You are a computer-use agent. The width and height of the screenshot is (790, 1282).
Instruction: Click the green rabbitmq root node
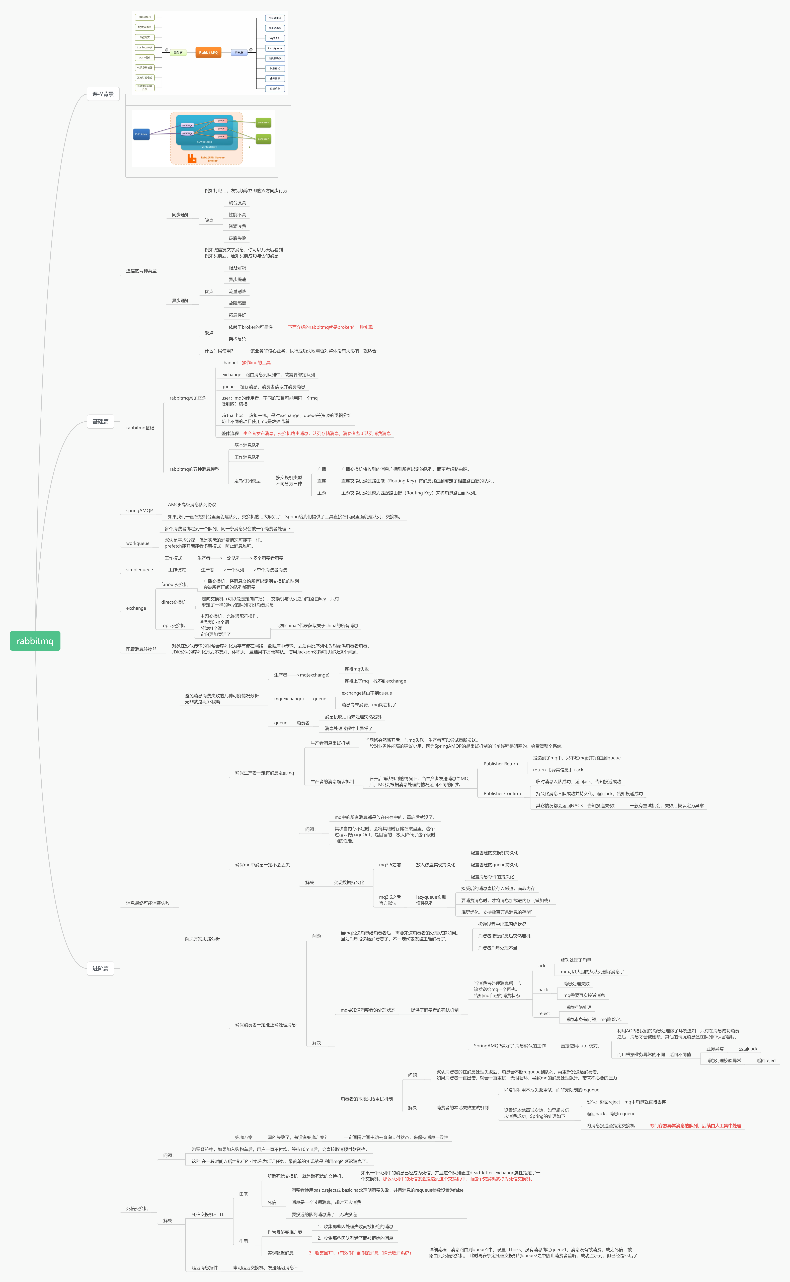point(35,641)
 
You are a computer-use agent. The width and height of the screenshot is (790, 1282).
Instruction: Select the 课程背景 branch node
point(103,94)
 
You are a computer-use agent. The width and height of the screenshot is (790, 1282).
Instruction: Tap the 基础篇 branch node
point(100,421)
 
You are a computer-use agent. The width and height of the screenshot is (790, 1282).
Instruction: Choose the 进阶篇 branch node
point(100,968)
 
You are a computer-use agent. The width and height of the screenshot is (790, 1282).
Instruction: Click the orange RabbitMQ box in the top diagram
point(208,52)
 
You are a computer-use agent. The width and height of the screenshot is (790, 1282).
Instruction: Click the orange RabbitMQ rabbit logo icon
point(192,158)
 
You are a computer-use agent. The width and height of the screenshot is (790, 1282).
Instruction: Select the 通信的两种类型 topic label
point(141,271)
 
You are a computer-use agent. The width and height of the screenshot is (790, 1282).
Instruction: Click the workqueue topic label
point(137,543)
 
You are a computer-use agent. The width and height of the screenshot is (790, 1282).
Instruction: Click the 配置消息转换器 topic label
point(141,649)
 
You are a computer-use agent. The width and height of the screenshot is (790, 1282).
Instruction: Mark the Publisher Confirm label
point(502,794)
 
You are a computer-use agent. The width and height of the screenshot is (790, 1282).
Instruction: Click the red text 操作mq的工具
point(256,363)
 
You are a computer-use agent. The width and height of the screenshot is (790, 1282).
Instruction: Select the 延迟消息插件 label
point(204,1267)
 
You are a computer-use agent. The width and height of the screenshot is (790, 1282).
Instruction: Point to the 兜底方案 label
point(244,1137)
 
